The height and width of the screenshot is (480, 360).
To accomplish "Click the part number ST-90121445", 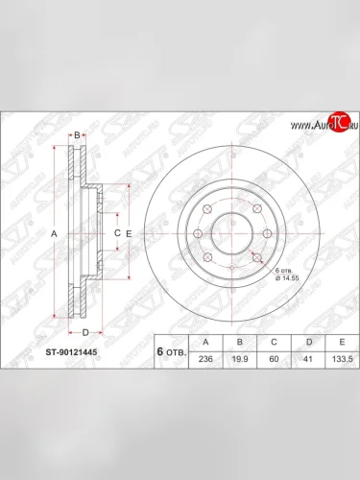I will (x=71, y=352).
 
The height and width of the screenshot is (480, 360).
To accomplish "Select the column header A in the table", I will (x=204, y=341).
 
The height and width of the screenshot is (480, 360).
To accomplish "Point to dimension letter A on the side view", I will (x=55, y=234).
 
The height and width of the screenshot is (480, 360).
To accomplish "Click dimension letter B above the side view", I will (x=78, y=134).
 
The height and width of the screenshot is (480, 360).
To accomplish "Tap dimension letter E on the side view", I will (x=129, y=234).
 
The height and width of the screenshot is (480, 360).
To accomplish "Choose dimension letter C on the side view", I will (x=116, y=233).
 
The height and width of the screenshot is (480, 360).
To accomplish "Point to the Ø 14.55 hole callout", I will (x=287, y=280).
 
